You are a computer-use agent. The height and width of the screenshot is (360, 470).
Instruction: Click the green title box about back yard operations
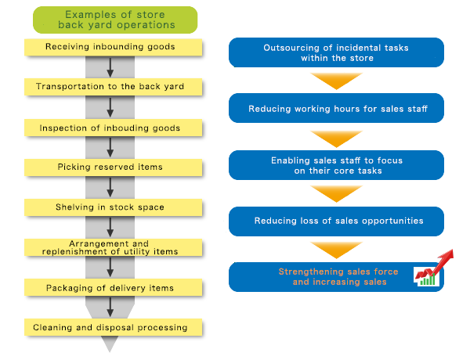(114, 20)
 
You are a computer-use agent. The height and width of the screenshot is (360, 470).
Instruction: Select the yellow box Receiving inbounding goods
(114, 47)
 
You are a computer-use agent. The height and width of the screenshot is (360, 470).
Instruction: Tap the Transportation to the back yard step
(114, 87)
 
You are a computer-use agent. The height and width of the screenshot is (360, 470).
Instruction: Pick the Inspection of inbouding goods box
(114, 128)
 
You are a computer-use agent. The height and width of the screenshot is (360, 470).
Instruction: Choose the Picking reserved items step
(114, 167)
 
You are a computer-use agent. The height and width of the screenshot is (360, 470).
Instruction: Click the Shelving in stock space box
(114, 207)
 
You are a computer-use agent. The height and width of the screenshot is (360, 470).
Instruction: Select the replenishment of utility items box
(114, 248)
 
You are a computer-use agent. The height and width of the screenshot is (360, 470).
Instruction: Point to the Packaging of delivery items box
(114, 288)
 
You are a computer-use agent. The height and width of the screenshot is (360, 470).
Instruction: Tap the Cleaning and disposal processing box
(114, 327)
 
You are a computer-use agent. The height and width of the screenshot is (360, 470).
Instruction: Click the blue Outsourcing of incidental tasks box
(336, 52)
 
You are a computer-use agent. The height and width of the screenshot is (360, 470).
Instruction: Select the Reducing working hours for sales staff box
(336, 109)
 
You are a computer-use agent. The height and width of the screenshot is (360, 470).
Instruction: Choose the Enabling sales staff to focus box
(336, 165)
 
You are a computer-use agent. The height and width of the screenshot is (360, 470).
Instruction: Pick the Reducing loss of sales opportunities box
(336, 221)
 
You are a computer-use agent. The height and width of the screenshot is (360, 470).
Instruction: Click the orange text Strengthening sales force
(338, 272)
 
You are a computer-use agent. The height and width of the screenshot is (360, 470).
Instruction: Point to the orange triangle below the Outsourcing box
(336, 81)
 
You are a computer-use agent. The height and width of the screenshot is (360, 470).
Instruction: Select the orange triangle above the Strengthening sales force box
(336, 250)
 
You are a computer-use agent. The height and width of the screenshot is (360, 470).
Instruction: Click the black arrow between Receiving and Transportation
(111, 67)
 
